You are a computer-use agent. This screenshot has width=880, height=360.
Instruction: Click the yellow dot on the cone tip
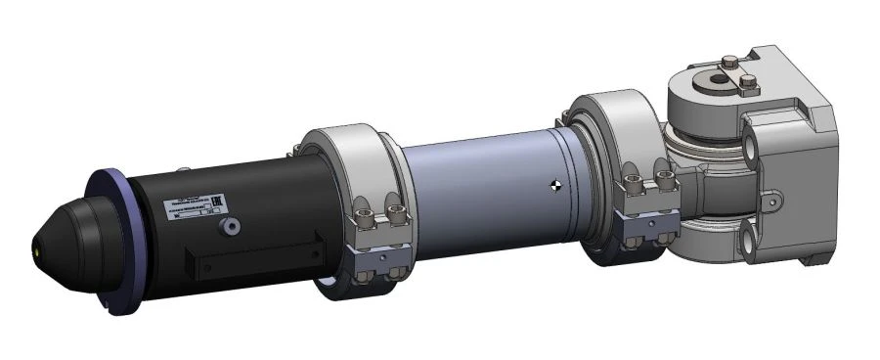pyautogui.click(x=38, y=247)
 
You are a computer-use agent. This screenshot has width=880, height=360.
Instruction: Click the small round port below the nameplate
pyautogui.click(x=232, y=227)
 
